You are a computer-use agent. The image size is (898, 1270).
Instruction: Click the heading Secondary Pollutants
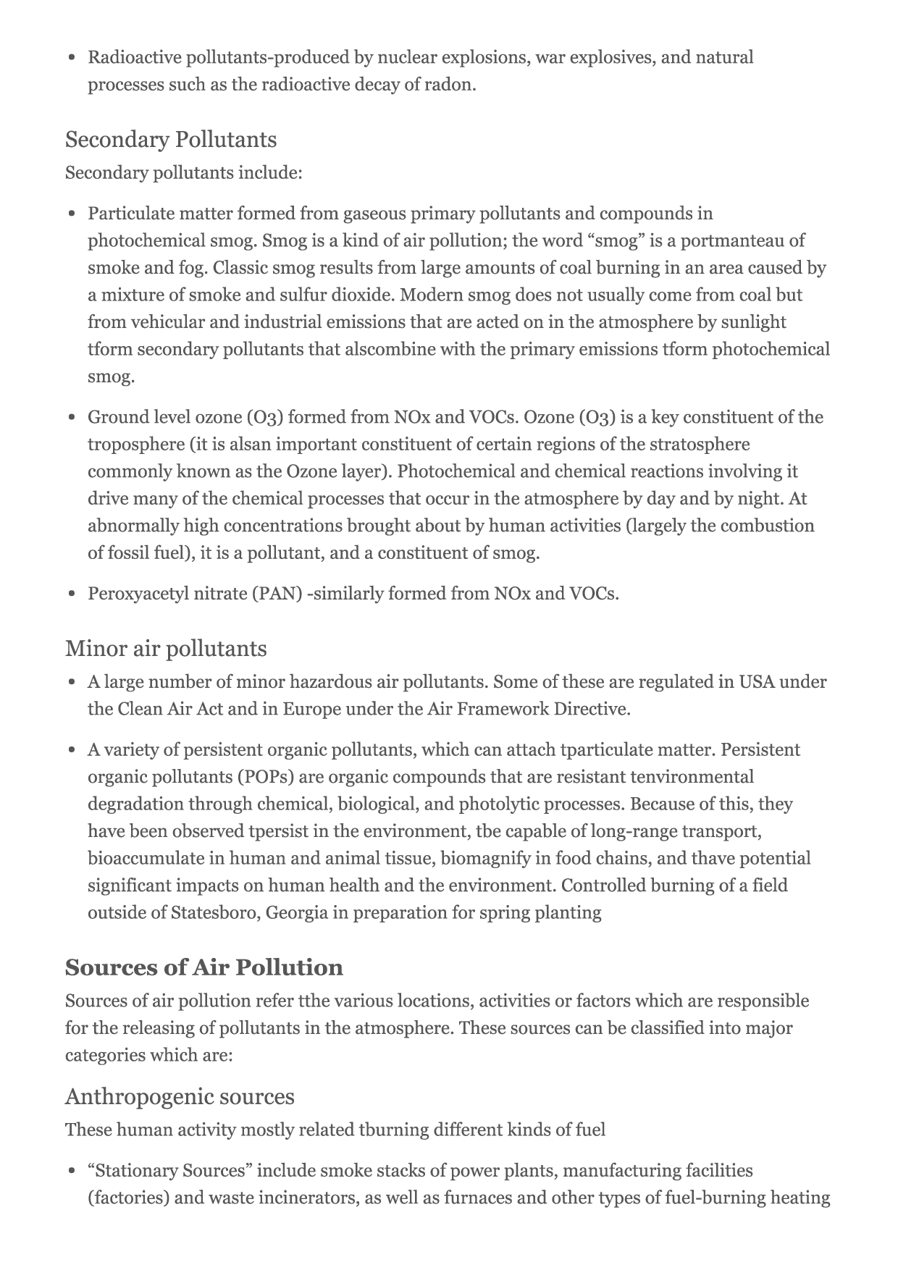tap(171, 140)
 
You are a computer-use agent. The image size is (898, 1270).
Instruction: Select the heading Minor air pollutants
tap(166, 648)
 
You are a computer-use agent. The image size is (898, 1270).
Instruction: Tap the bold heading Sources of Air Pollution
tap(204, 967)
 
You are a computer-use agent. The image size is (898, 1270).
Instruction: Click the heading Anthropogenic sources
tap(180, 1096)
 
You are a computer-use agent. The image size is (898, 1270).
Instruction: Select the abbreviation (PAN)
tap(277, 594)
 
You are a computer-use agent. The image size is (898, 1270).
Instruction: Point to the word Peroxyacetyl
tap(136, 594)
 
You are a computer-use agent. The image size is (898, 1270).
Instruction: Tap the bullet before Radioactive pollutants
tap(72, 58)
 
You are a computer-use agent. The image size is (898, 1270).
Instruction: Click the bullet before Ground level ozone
tap(72, 418)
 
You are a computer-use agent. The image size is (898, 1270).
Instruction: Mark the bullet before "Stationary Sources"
tap(72, 1172)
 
